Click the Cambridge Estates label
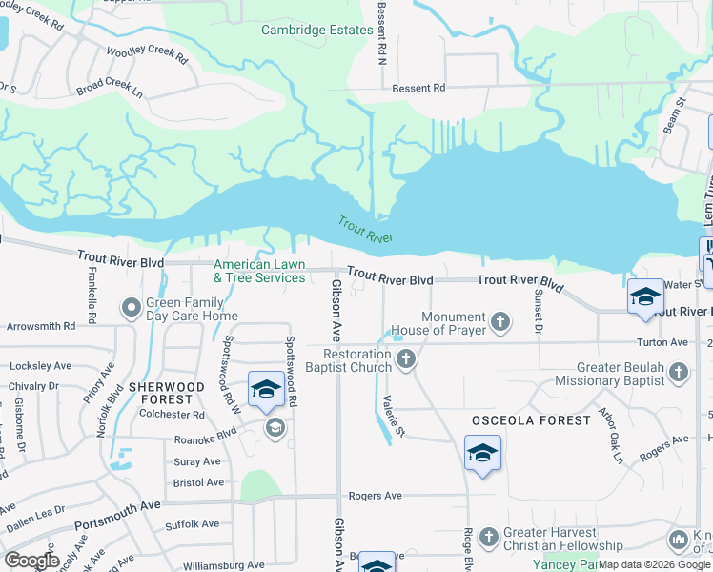point(317,30)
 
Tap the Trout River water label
point(365,229)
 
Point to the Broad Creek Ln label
point(110,89)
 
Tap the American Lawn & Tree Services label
point(259,272)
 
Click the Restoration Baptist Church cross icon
point(407,360)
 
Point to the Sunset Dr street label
point(539,312)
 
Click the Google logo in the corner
point(32,561)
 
